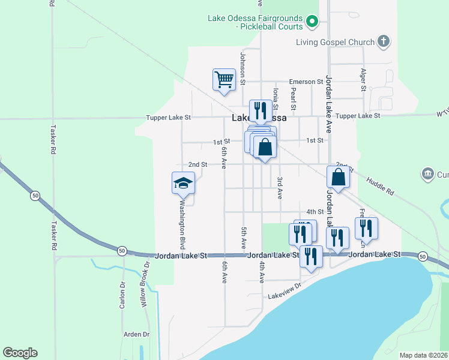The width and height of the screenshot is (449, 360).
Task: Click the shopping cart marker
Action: pyautogui.click(x=224, y=79)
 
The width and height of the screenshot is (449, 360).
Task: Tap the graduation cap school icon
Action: pyautogui.click(x=184, y=182)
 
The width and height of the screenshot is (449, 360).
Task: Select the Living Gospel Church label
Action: pyautogui.click(x=335, y=42)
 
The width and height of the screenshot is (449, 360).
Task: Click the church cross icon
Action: pyautogui.click(x=384, y=42)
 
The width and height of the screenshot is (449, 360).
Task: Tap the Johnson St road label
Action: pyautogui.click(x=243, y=68)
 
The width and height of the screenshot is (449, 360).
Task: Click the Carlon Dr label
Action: pyautogui.click(x=122, y=295)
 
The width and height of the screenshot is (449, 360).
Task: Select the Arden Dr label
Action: pyautogui.click(x=137, y=334)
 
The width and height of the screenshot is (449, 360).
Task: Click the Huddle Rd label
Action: pyautogui.click(x=379, y=185)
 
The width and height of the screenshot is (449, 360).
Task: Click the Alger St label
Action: pyautogui.click(x=363, y=79)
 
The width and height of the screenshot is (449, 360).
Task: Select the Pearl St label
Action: pyautogui.click(x=294, y=99)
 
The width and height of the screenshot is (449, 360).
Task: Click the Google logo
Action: pyautogui.click(x=20, y=353)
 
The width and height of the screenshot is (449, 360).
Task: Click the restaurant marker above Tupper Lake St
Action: pyautogui.click(x=261, y=110)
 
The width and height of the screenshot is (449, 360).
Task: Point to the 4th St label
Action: pyautogui.click(x=315, y=212)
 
